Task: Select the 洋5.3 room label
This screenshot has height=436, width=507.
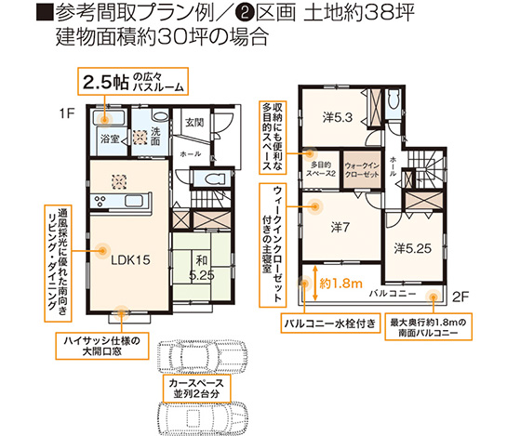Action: [337, 118]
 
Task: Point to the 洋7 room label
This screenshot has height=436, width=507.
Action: [339, 226]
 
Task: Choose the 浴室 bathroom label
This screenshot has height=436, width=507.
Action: [110, 139]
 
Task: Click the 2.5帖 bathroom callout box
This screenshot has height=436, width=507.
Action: [131, 81]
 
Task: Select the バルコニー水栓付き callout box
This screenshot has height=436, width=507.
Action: [329, 324]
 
